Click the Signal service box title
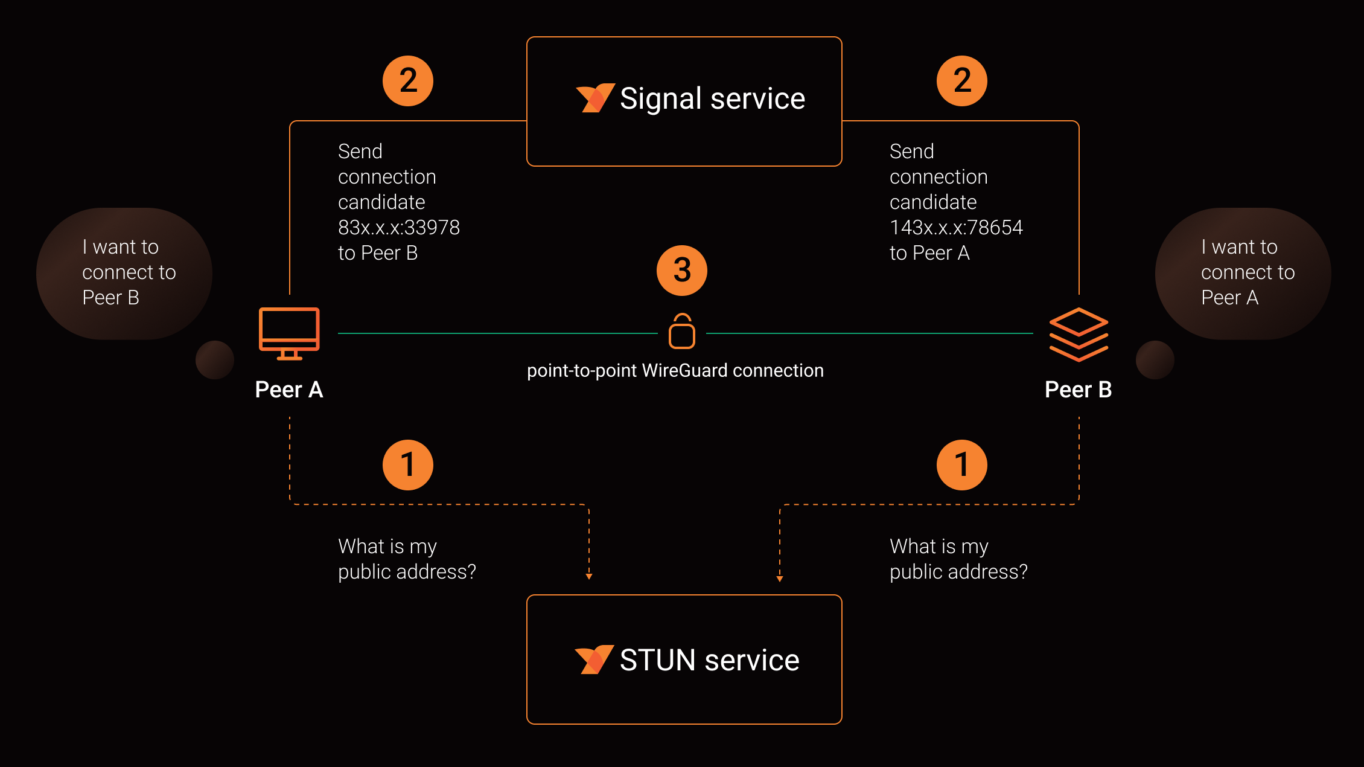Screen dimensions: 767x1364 pos(712,99)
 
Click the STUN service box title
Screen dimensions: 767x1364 pos(709,660)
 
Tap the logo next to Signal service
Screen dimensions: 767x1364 pos(595,98)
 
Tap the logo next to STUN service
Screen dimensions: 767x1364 pos(594,659)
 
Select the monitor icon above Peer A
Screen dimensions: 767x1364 pos(289,333)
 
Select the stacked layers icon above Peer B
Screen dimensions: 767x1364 pos(1079,335)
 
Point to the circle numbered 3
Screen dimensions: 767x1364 pos(682,270)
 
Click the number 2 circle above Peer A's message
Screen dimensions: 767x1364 pos(408,81)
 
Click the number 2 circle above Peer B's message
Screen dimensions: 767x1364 pos(962,81)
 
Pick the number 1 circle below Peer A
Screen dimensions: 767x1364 pos(408,465)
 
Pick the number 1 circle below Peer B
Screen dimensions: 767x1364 pos(962,465)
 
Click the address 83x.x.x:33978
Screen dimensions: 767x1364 pos(399,228)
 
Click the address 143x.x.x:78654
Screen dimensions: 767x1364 pos(956,228)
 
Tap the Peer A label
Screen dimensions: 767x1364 pos(289,390)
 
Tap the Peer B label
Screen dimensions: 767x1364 pos(1079,390)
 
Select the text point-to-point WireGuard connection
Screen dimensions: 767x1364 pos(675,370)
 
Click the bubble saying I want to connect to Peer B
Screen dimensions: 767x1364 pos(124,273)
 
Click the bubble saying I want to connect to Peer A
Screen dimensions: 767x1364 pos(1243,273)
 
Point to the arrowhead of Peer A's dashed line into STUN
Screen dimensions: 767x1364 pos(589,576)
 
